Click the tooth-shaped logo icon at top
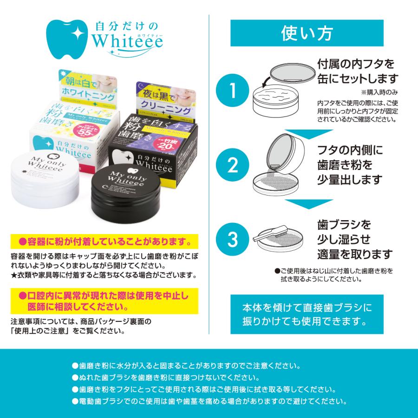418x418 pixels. [x=67, y=39]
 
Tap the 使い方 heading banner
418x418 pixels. [x=313, y=33]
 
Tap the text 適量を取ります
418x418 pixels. [x=355, y=255]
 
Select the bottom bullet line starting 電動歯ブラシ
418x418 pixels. [x=209, y=401]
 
